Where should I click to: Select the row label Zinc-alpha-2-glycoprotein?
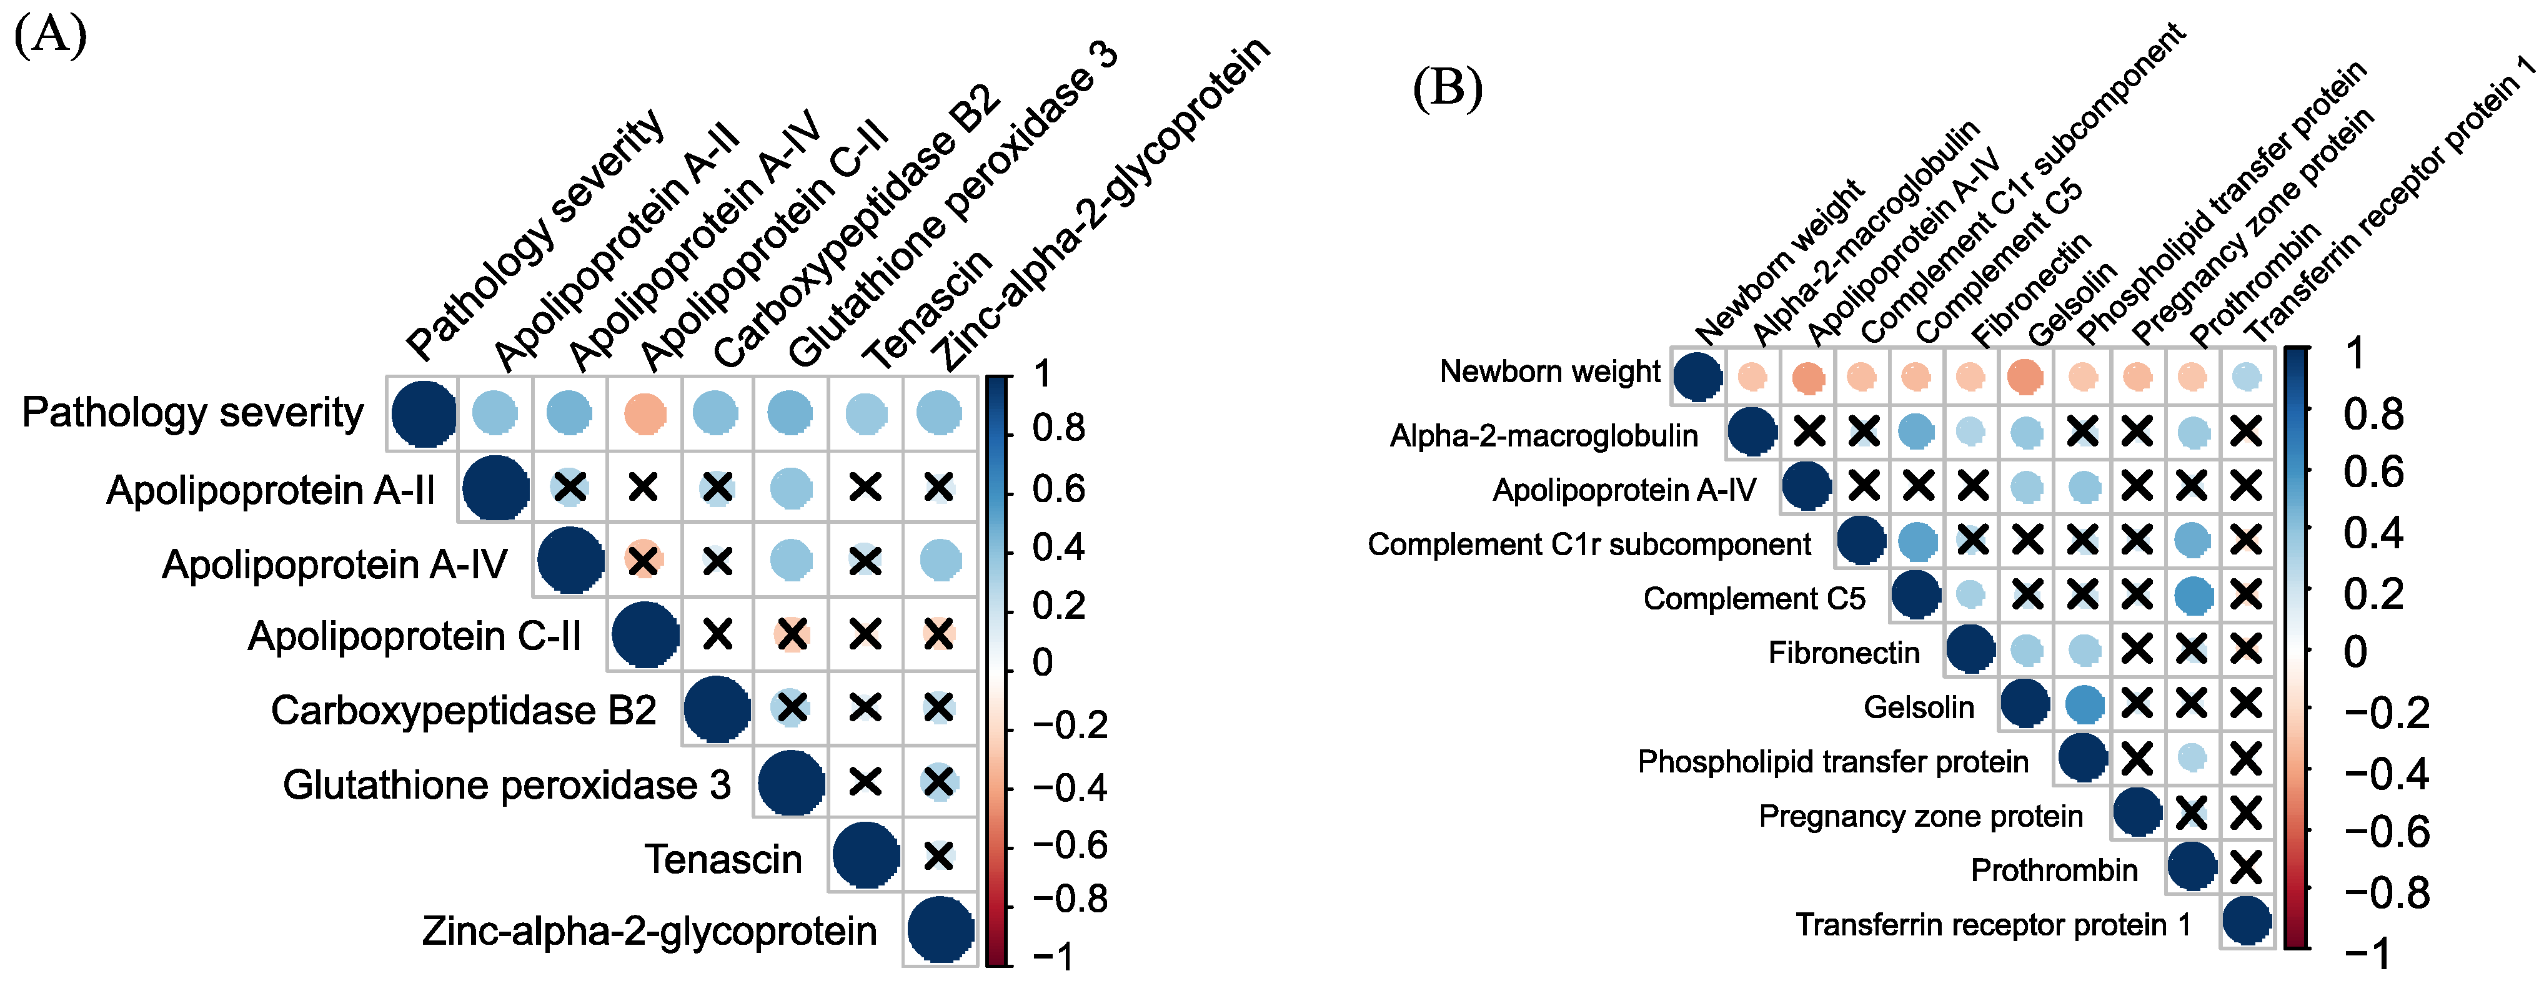649,930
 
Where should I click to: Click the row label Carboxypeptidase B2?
463,709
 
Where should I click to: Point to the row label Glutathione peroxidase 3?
507,784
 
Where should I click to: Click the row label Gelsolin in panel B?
1918,707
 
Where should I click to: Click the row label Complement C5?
1754,598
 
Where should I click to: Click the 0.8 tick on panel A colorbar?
1058,428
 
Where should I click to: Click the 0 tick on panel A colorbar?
1043,663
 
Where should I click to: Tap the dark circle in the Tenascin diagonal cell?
865,855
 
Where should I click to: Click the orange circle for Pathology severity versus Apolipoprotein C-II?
643,413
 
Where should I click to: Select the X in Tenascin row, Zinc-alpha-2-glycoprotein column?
938,855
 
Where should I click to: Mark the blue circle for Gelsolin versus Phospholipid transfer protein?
2084,704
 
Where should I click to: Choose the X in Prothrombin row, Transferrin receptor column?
2246,867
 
